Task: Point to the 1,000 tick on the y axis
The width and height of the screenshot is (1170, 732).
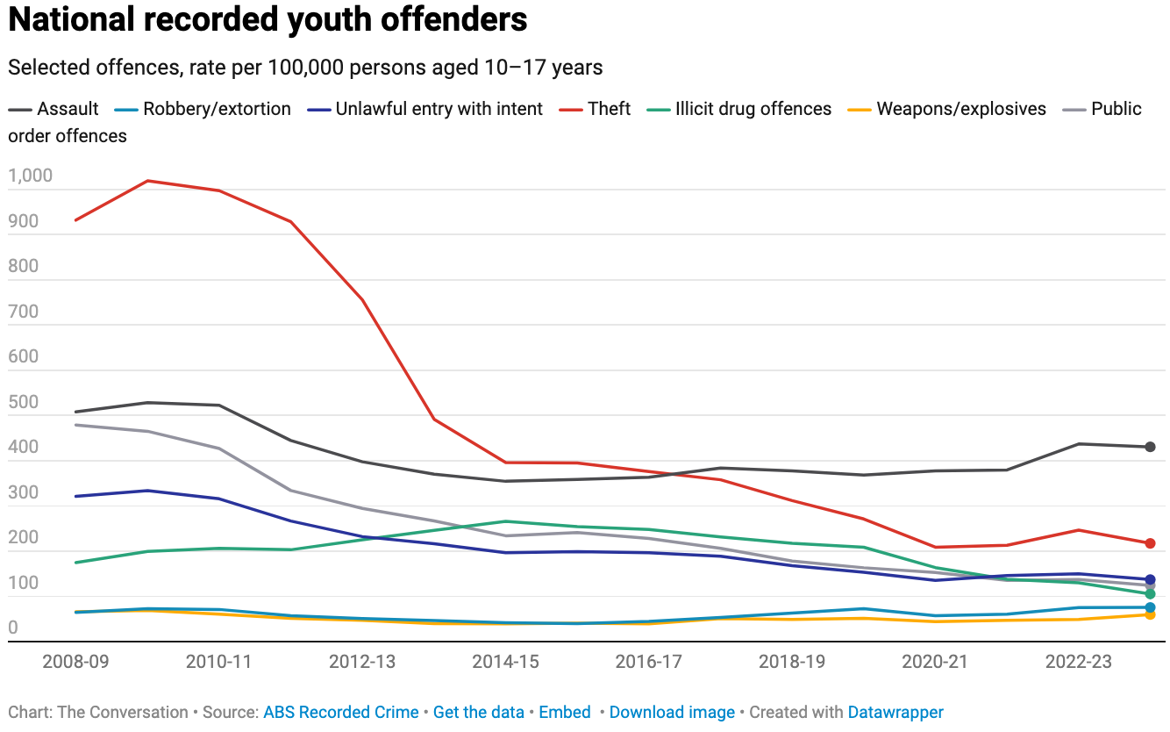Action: click(31, 176)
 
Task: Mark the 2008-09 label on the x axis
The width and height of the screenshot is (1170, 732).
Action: click(75, 661)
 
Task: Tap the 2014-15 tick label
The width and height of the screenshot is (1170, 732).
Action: click(505, 661)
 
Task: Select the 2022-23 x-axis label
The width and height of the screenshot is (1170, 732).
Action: click(1079, 661)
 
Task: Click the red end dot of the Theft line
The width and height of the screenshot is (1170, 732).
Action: click(1150, 543)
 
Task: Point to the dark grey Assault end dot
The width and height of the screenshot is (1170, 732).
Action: click(1150, 447)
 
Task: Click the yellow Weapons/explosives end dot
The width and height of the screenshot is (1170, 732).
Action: click(1150, 614)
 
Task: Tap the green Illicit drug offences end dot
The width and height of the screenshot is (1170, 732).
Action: click(1150, 594)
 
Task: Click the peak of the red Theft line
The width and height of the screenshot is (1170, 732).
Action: click(147, 181)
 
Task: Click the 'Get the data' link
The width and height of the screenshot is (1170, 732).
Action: click(479, 713)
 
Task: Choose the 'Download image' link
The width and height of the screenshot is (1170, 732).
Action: click(672, 713)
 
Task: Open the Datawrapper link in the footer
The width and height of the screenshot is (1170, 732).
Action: click(895, 713)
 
